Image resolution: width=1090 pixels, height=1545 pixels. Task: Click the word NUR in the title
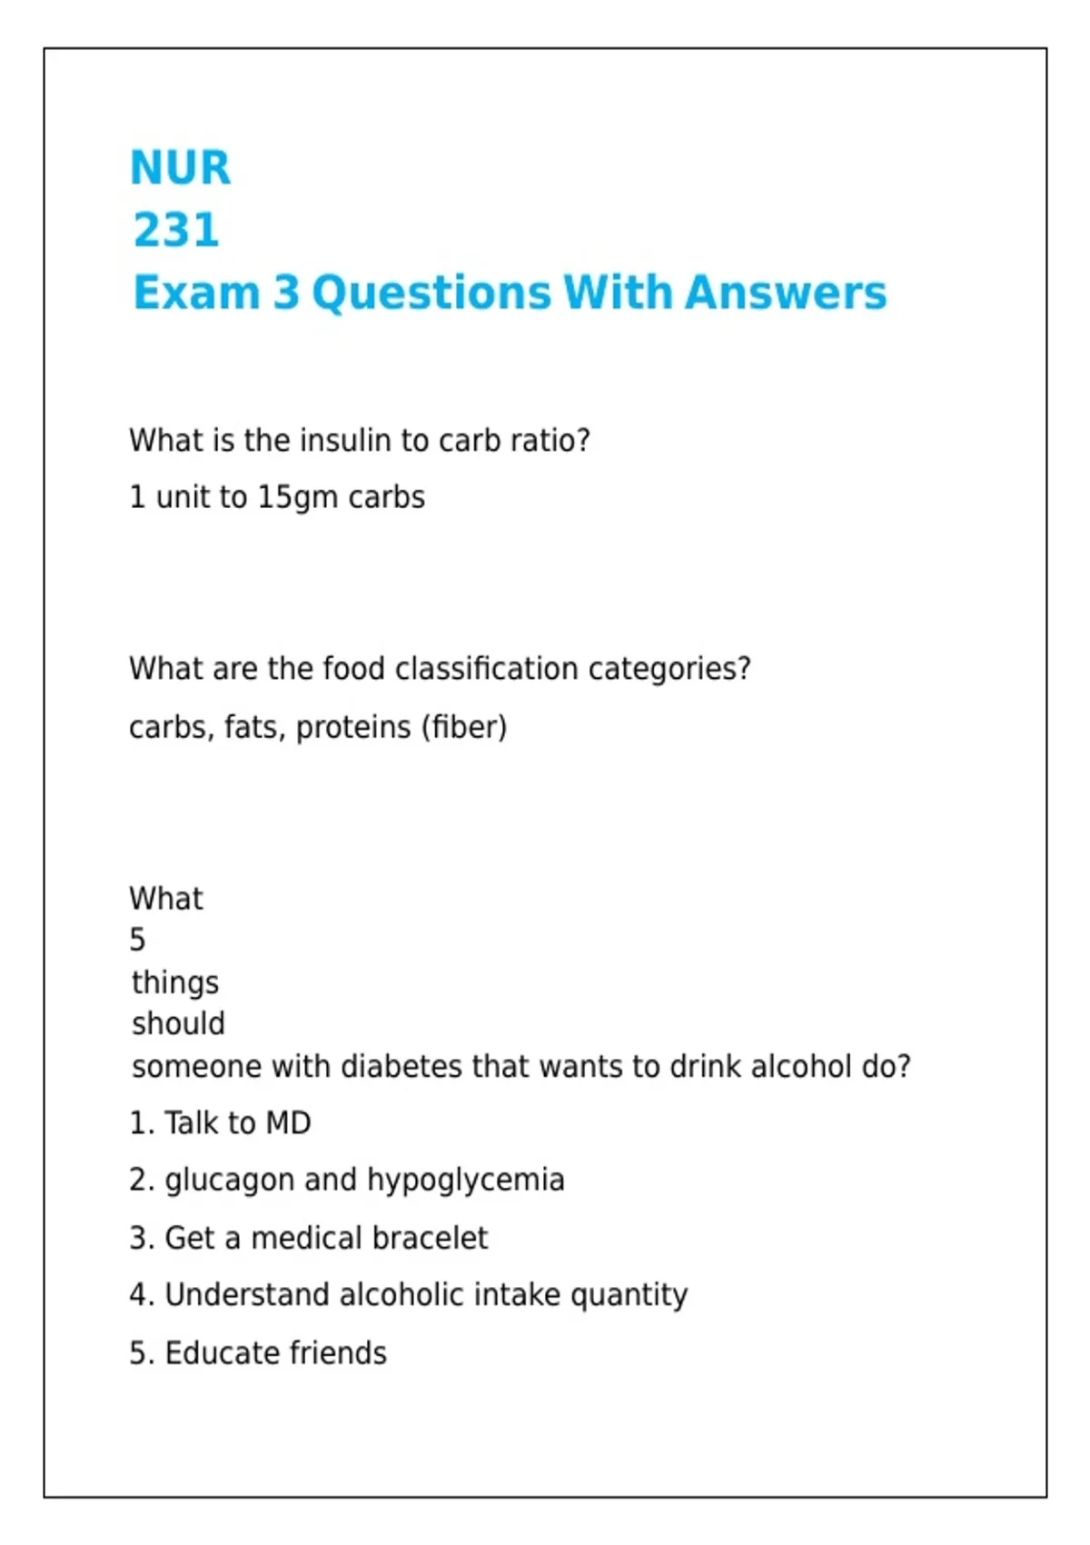180,168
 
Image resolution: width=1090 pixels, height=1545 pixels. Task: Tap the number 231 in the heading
176,230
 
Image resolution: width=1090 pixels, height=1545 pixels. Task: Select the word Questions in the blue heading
431,294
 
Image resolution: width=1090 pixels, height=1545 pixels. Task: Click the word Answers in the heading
786,293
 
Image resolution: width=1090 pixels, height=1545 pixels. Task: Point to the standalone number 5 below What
137,940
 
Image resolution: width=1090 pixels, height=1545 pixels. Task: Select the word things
175,982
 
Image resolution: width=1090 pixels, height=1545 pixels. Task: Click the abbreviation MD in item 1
288,1123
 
